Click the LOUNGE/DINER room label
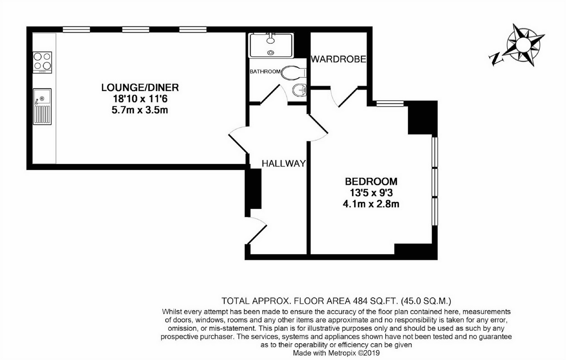pyautogui.click(x=140, y=87)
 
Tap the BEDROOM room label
pyautogui.click(x=371, y=182)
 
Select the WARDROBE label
pyautogui.click(x=338, y=59)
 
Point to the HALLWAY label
pyautogui.click(x=284, y=164)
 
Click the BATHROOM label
pyautogui.click(x=265, y=72)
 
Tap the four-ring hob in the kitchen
pyautogui.click(x=42, y=63)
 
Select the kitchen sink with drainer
pyautogui.click(x=42, y=107)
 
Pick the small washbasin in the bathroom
pyautogui.click(x=299, y=90)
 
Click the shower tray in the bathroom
pyautogui.click(x=271, y=46)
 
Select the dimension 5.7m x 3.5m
pyautogui.click(x=140, y=110)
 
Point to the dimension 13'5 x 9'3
pyautogui.click(x=371, y=193)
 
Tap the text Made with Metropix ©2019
pyautogui.click(x=336, y=353)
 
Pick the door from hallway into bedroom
pyautogui.click(x=318, y=128)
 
